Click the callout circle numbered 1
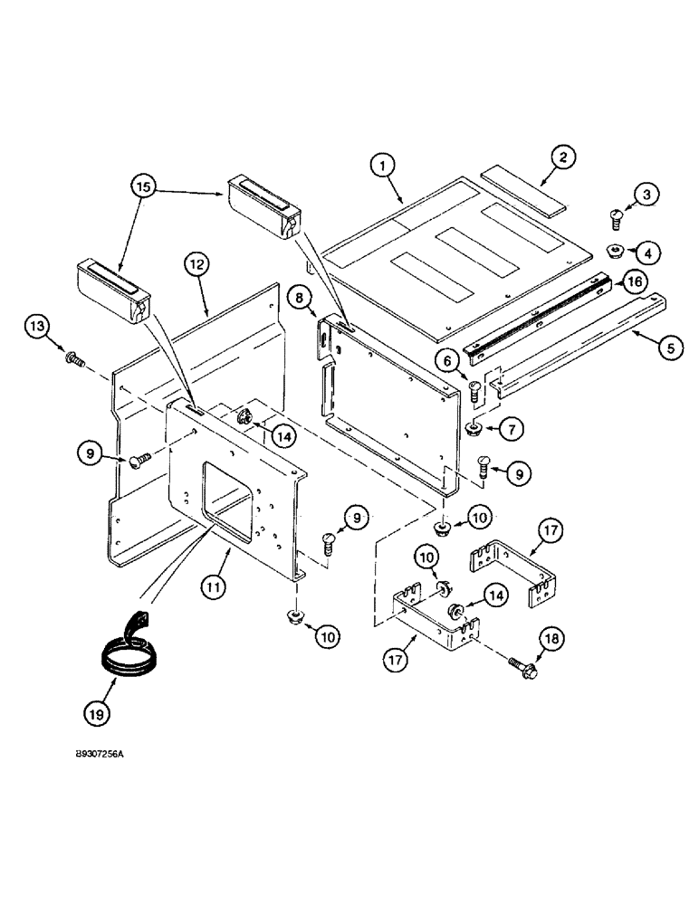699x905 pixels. [384, 165]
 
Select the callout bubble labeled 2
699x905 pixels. [588, 157]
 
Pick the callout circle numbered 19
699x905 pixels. [97, 712]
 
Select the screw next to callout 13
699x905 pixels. [72, 360]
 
